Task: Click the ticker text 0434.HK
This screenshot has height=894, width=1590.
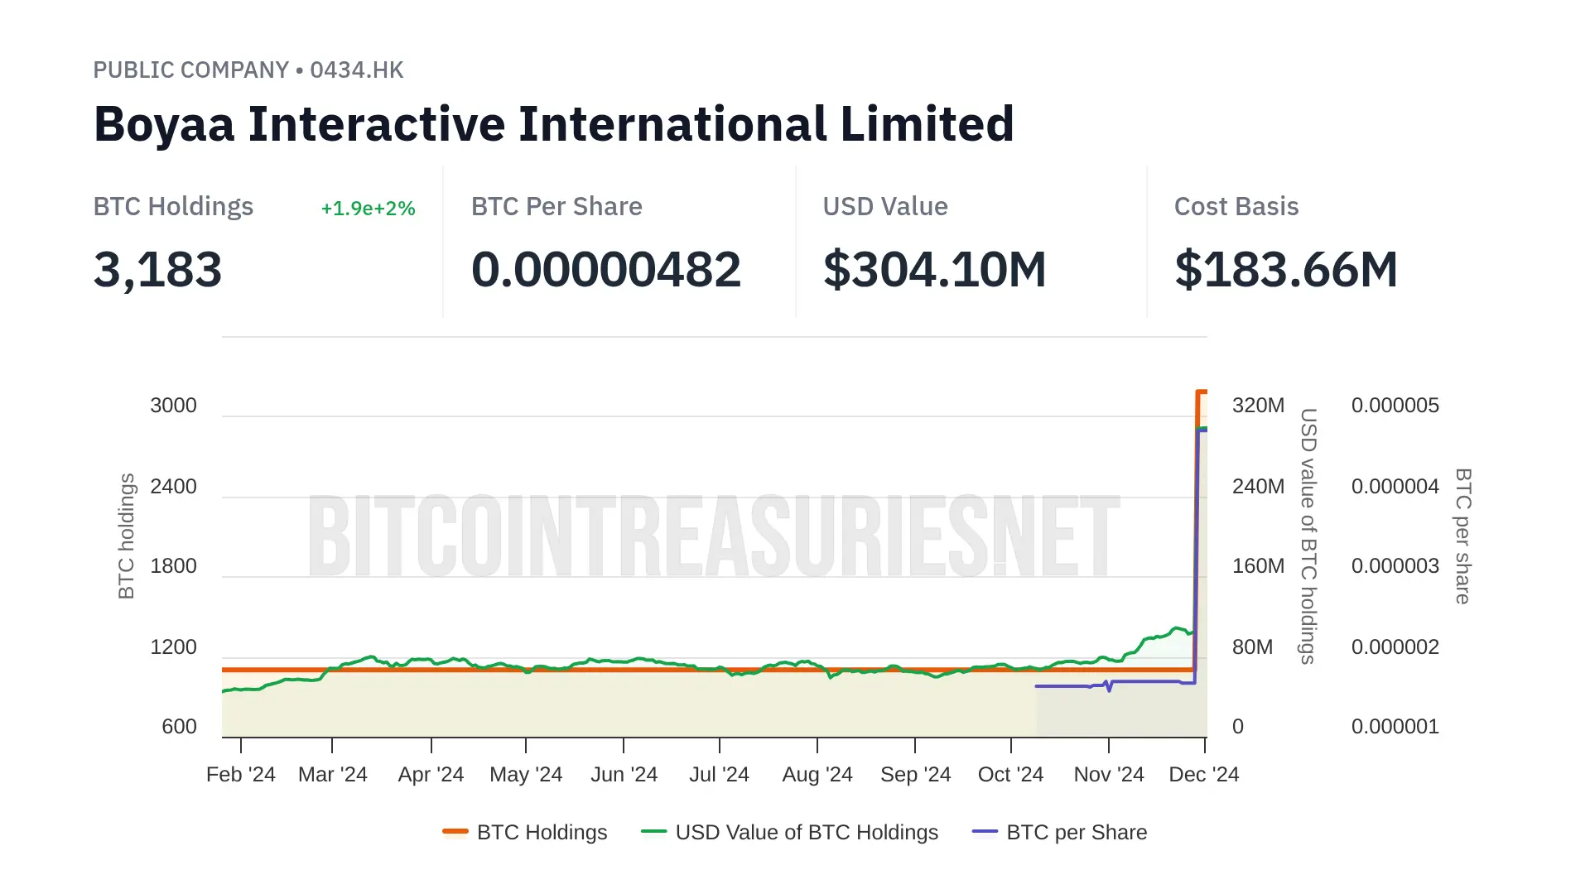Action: (x=357, y=70)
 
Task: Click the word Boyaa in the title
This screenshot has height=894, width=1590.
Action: (x=164, y=124)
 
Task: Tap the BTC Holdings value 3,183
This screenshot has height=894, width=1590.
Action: (x=158, y=270)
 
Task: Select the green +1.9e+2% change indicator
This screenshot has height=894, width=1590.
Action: (x=368, y=209)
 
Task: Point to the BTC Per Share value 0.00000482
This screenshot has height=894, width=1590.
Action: (x=605, y=270)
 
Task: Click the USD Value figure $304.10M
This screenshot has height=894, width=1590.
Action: (x=934, y=270)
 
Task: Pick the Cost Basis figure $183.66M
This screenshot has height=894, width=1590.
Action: (x=1286, y=270)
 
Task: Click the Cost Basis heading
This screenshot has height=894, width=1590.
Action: (x=1236, y=207)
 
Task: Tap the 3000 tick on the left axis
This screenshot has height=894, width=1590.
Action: (x=173, y=406)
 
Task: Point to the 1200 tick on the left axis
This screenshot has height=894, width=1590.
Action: (x=173, y=647)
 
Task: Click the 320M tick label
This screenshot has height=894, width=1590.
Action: (x=1258, y=406)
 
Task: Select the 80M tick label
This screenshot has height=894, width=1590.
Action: (x=1252, y=647)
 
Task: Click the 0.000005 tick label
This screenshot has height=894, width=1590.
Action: (x=1395, y=406)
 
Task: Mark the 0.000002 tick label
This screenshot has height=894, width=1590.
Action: (x=1395, y=647)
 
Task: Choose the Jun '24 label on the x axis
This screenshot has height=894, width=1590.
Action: (x=624, y=775)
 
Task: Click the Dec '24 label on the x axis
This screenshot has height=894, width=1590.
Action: (x=1203, y=775)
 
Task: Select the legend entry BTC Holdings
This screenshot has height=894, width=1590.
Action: (x=542, y=833)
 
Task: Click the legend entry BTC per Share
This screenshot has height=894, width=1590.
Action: (x=1077, y=833)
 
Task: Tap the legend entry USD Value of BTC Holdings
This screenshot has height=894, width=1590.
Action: (x=807, y=833)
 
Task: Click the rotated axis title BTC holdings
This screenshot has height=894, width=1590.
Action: (x=127, y=536)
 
